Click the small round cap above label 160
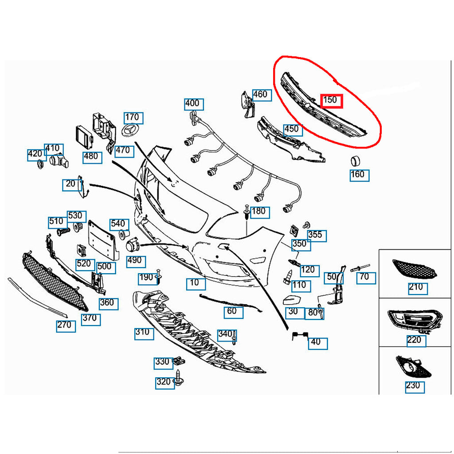point(356,160)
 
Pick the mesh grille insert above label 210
point(414,269)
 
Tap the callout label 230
point(413,386)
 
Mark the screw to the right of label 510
point(64,231)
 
